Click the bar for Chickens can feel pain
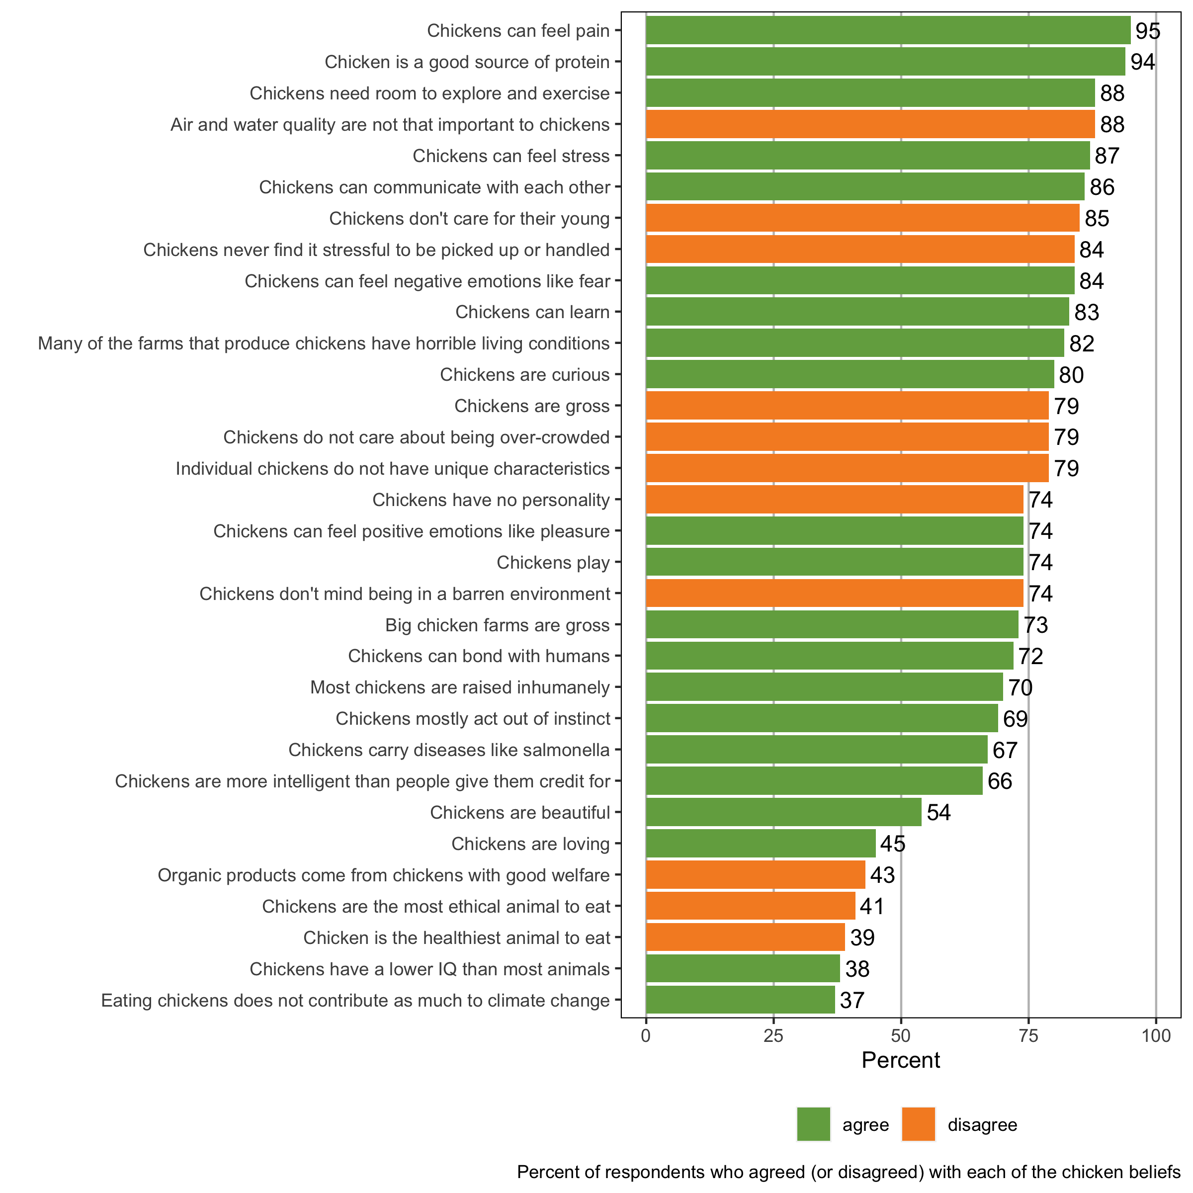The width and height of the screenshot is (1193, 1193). point(888,30)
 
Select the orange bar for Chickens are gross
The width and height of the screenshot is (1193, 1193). point(847,406)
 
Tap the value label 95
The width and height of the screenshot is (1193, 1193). point(1148,31)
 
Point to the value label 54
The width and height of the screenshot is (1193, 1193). point(938,812)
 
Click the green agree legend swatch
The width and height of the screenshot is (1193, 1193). point(813,1124)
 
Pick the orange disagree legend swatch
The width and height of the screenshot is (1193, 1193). point(918,1124)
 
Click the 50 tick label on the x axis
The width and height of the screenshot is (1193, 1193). point(901,1035)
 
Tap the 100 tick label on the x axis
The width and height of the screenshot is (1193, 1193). point(1156,1035)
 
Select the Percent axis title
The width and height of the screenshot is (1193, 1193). point(900,1060)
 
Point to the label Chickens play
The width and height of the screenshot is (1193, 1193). point(553,563)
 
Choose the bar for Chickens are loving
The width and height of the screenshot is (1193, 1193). point(760,844)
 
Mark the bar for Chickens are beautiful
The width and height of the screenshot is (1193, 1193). point(783,812)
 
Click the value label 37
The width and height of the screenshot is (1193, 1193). point(852,1000)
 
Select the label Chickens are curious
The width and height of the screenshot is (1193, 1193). point(524,375)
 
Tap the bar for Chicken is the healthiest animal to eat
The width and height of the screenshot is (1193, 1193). point(745,937)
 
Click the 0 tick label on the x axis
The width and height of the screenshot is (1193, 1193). point(646,1035)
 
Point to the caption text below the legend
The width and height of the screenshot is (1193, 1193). point(849,1172)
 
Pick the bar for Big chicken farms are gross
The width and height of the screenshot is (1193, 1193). point(832,624)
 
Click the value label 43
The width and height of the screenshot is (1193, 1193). point(882,875)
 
